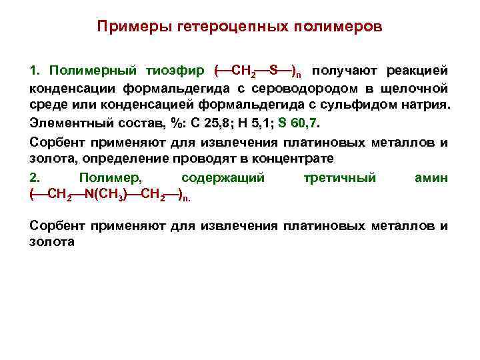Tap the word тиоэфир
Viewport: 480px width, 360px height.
pos(179,70)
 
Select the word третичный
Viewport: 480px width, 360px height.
pos(339,177)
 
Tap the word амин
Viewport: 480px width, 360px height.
pos(431,177)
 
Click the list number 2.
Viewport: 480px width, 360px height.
pos(35,177)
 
